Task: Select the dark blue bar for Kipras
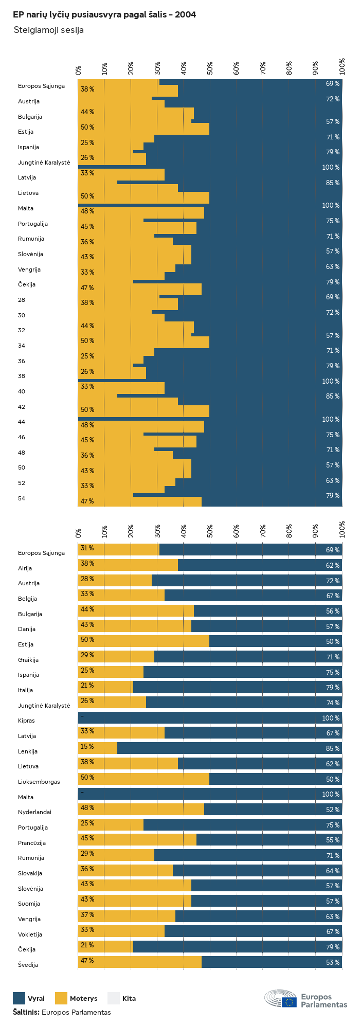[210, 718]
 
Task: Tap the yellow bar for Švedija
[139, 962]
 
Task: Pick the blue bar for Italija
[238, 687]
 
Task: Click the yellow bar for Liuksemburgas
[143, 779]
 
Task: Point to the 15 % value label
[87, 746]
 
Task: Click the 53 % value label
[333, 962]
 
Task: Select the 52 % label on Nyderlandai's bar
[333, 810]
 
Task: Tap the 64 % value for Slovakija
[333, 871]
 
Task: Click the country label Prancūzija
[32, 843]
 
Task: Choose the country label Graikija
[28, 660]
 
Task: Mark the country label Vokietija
[30, 934]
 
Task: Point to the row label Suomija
[29, 904]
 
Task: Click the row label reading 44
[22, 422]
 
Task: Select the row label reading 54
[22, 498]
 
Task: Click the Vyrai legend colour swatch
[19, 998]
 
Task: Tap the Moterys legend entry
[77, 998]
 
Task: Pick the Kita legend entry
[122, 998]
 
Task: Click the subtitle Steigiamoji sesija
[48, 30]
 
